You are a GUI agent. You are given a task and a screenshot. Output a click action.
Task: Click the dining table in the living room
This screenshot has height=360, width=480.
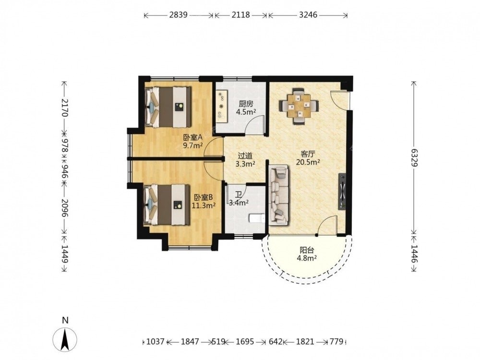pos(299,106)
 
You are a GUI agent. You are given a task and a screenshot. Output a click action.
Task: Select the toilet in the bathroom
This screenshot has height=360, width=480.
pos(256,218)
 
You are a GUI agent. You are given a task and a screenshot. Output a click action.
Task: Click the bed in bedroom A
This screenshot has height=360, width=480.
pos(168,107)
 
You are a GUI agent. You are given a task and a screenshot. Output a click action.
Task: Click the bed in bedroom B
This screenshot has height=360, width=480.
pos(168,204)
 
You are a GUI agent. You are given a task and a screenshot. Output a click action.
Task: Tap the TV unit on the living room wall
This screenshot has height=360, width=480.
pos(342,192)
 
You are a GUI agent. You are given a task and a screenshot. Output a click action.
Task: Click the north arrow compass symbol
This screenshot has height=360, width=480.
pos(65,339)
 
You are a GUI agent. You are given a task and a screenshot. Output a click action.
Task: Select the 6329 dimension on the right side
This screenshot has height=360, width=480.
pos(414,157)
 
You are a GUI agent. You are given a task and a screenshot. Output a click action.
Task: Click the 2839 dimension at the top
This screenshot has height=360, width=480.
pos(178,15)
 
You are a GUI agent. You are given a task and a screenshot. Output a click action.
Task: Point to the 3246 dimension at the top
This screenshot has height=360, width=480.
pos(308,15)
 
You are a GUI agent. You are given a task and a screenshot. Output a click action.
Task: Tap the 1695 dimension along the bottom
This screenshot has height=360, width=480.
pos(245,341)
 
